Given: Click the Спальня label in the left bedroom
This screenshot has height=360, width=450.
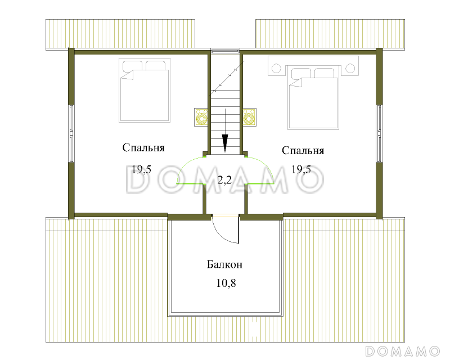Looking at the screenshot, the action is click(x=143, y=148).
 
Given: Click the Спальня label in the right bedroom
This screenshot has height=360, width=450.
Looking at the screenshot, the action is click(x=303, y=151).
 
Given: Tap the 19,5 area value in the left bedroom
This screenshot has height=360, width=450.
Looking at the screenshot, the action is click(x=142, y=169).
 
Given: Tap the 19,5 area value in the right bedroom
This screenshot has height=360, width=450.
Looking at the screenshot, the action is click(x=301, y=169).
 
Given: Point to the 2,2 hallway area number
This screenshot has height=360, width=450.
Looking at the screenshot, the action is click(x=224, y=181).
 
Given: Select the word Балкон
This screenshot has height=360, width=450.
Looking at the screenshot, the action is click(x=224, y=264).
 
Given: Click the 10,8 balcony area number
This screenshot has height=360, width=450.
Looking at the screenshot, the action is click(x=226, y=283).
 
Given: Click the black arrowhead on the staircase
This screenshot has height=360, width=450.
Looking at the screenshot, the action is click(x=225, y=143).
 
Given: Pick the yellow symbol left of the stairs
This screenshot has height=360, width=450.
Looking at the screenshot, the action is click(x=201, y=117).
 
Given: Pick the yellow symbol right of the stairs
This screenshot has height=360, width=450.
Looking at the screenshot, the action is click(x=249, y=117).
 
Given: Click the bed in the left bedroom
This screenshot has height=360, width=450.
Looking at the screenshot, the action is click(x=145, y=91).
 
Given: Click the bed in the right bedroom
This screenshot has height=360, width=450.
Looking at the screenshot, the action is click(x=313, y=98).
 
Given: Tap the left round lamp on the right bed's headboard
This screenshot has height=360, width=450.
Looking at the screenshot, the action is click(x=276, y=69).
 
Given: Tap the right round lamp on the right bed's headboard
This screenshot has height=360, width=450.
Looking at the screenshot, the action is click(x=350, y=68).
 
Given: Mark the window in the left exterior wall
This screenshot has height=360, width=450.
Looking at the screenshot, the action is click(x=71, y=134).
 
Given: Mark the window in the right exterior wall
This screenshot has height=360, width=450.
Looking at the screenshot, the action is click(x=379, y=134).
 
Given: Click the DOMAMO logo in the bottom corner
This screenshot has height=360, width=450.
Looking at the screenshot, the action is click(x=403, y=351).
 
